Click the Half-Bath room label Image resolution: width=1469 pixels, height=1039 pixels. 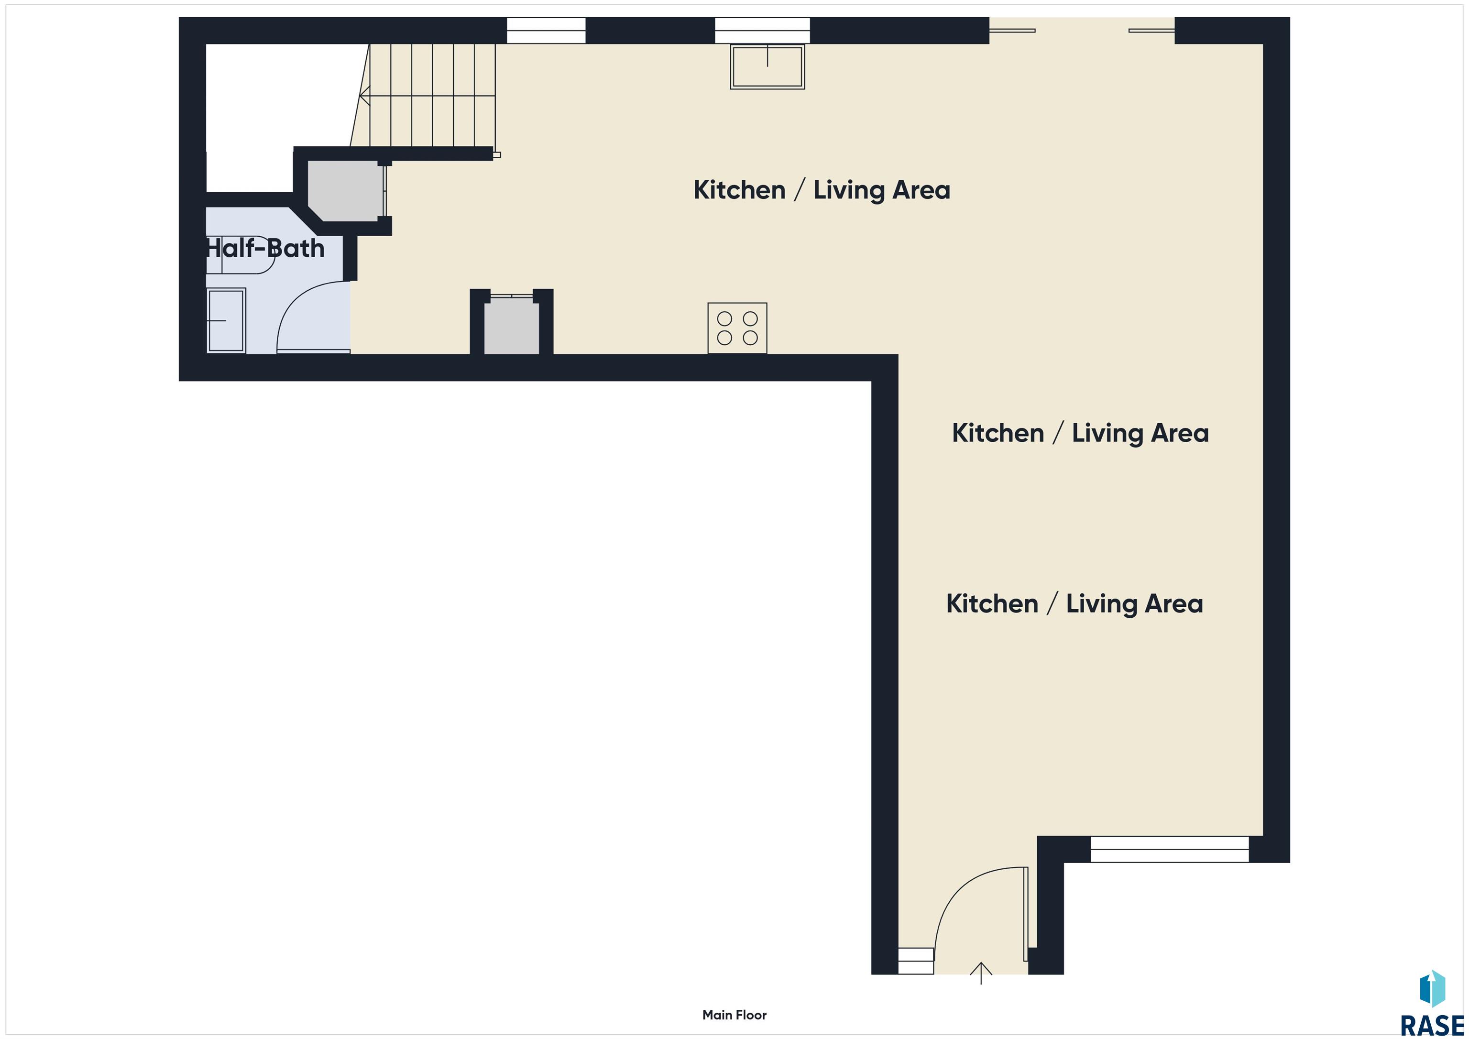tap(265, 248)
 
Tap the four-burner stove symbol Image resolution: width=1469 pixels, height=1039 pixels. tap(737, 328)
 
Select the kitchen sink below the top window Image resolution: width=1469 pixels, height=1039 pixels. tap(767, 66)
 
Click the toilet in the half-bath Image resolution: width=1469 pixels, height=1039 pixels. tap(240, 255)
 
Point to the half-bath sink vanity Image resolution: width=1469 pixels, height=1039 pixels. tap(227, 320)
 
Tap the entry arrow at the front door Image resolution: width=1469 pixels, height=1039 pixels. tap(981, 973)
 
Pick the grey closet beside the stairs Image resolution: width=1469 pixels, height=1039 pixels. tap(345, 191)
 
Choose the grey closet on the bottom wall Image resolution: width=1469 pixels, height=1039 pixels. tap(511, 326)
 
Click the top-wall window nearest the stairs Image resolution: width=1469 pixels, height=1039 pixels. tap(546, 31)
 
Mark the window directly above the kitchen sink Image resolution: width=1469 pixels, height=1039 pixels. tap(762, 31)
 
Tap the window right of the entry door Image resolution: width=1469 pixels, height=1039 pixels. tap(1170, 849)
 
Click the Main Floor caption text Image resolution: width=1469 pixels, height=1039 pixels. tap(734, 1015)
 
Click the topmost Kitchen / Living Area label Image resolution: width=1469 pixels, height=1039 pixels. tap(822, 190)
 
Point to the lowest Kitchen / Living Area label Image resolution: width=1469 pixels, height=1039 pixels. tap(1074, 604)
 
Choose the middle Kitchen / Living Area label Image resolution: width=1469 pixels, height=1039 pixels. tap(1080, 433)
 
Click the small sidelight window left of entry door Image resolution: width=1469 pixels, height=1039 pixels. tap(916, 961)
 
